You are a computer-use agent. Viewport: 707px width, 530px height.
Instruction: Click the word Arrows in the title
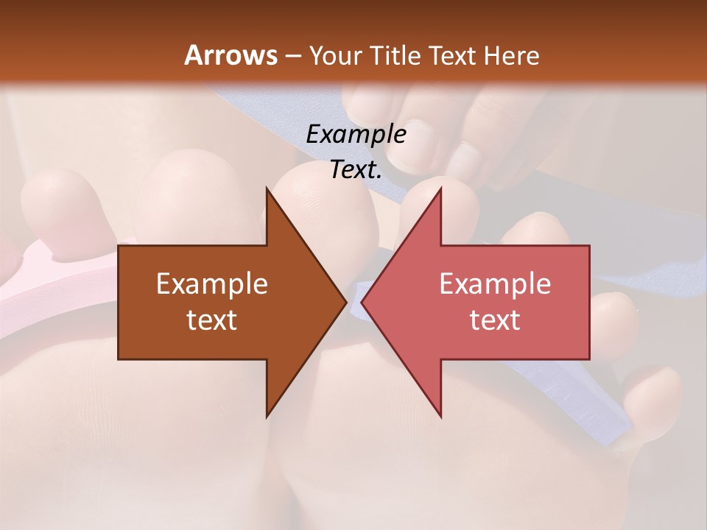click(230, 55)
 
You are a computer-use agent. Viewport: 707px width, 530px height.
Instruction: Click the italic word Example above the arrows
click(356, 135)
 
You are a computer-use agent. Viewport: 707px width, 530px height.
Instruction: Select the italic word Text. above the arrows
click(356, 170)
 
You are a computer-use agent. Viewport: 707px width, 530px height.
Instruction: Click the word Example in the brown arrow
click(212, 284)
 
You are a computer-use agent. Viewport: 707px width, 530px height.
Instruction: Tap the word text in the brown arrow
click(212, 319)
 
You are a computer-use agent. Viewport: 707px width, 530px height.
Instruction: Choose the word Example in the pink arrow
click(495, 284)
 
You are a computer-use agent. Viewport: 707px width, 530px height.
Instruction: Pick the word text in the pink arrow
click(495, 319)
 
